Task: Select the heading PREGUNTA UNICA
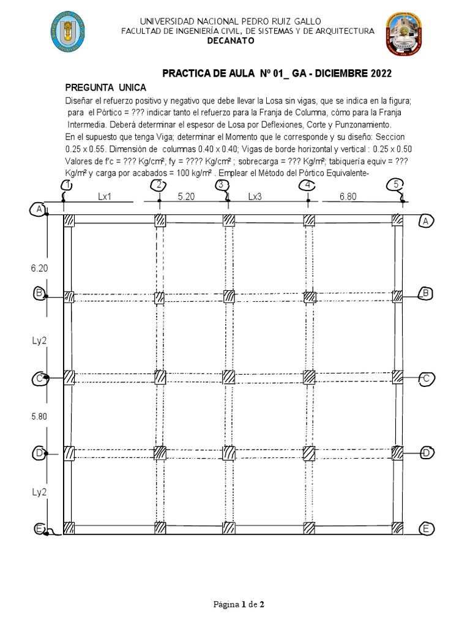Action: (x=105, y=88)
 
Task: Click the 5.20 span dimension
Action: (x=187, y=197)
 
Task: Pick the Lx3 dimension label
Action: (x=255, y=197)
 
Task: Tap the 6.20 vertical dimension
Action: (x=39, y=268)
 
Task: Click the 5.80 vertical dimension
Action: (x=39, y=417)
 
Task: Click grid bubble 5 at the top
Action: (x=397, y=184)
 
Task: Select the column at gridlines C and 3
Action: (x=229, y=377)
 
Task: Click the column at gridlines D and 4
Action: (x=309, y=453)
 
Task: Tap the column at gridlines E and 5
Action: (x=398, y=527)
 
